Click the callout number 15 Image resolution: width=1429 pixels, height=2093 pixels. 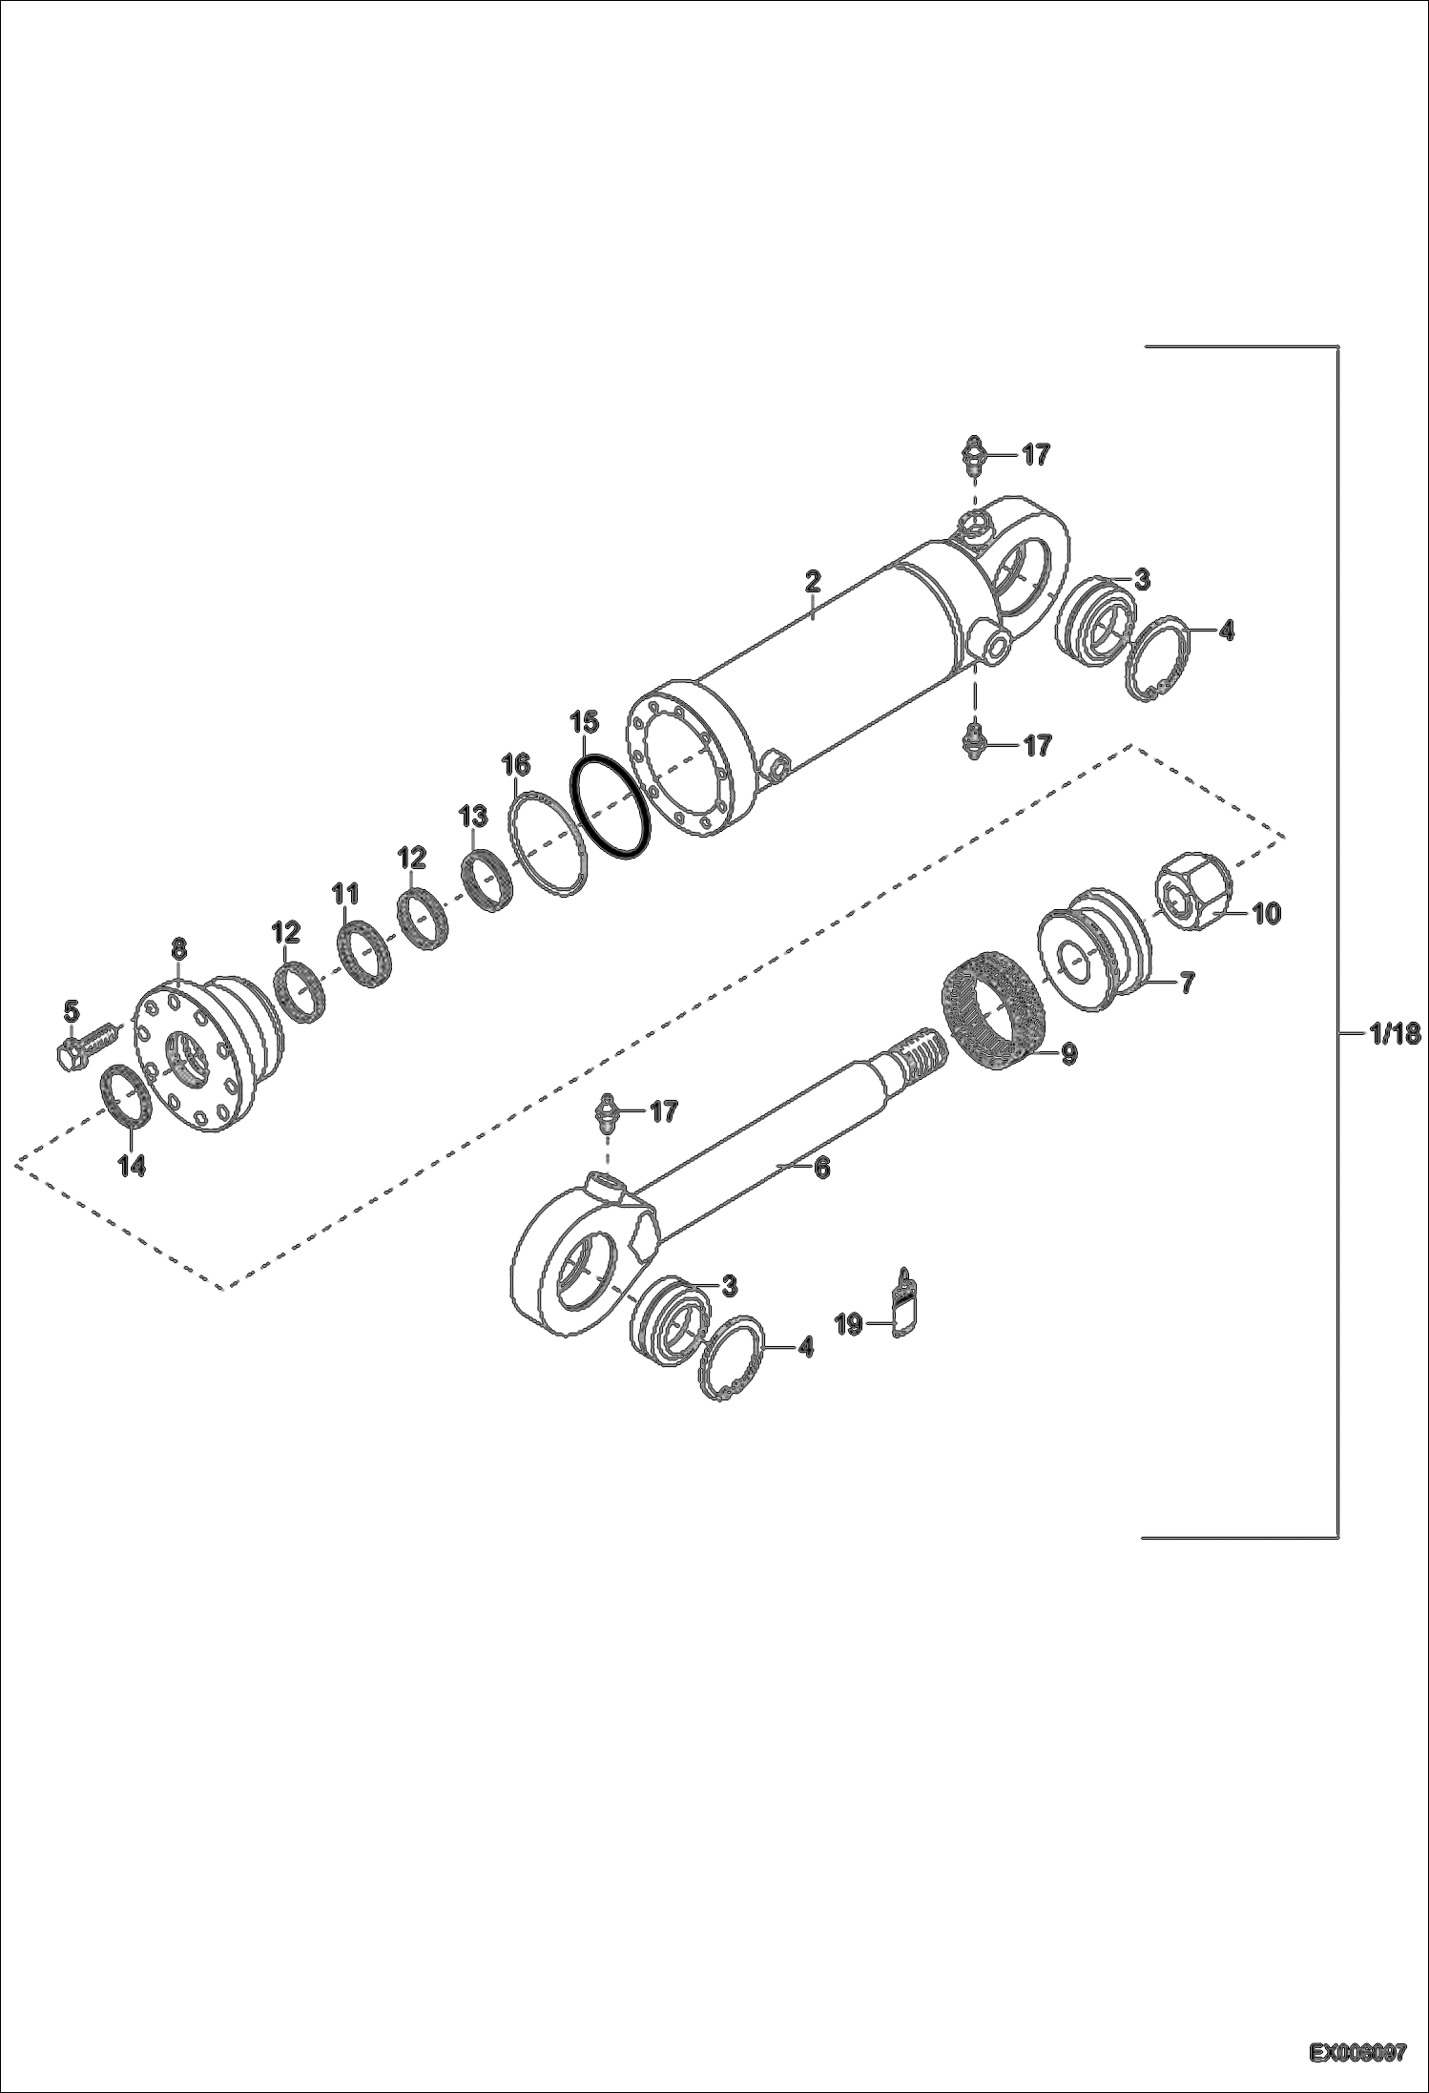coord(584,721)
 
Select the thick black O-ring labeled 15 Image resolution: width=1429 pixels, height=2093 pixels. coord(611,807)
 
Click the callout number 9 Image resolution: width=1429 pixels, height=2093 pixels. coord(1068,1053)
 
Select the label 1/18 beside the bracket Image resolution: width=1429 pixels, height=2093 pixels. coord(1394,1033)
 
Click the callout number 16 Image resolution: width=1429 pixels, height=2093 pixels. coord(516,764)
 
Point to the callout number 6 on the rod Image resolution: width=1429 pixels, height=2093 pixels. coord(820,1167)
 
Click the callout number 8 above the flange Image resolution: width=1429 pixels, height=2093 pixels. coord(178,948)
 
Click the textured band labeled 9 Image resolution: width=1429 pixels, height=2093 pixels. coord(997,1016)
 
